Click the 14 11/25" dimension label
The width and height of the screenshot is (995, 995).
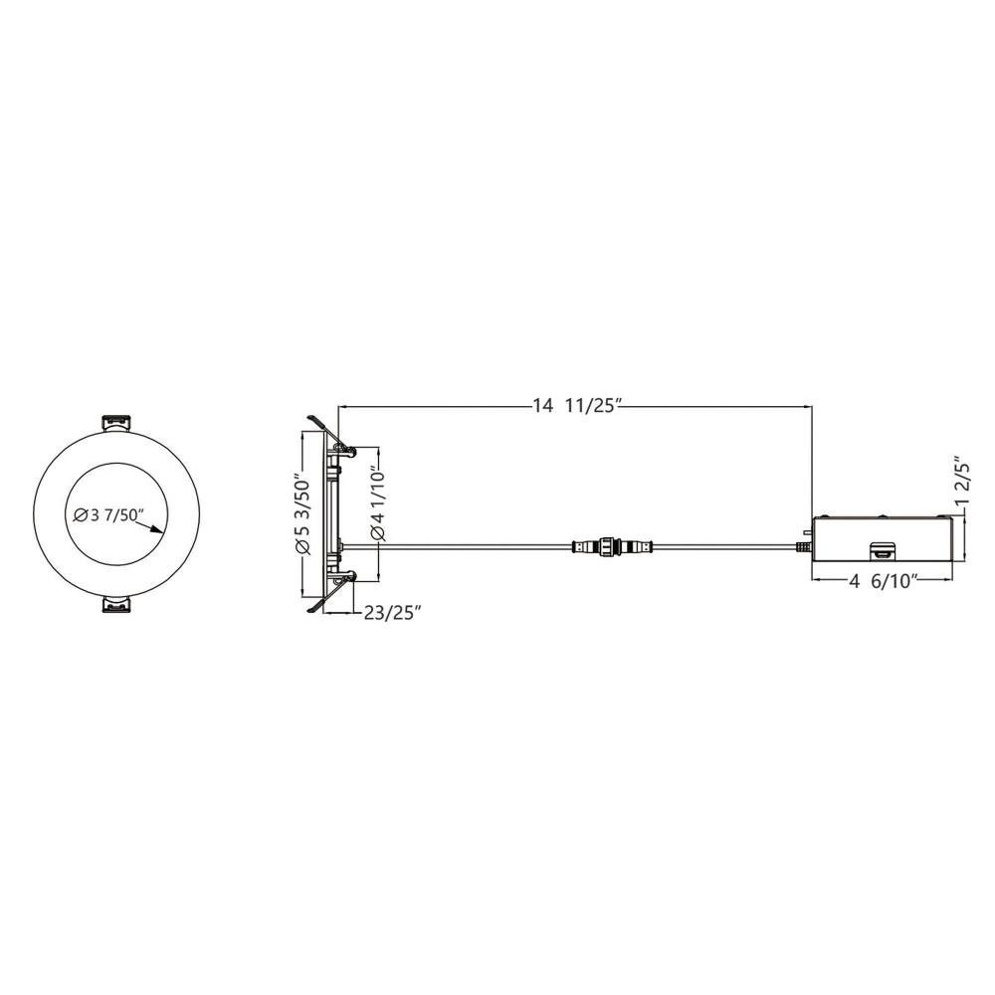click(575, 406)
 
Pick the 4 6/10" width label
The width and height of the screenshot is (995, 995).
click(885, 581)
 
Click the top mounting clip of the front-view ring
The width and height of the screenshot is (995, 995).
click(116, 423)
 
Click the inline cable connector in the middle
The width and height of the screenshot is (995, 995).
click(612, 545)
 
